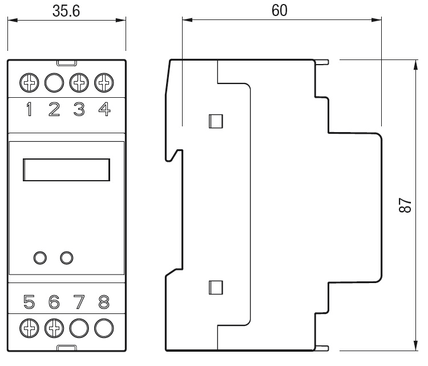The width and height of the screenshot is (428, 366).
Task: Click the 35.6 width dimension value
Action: pyautogui.click(x=66, y=11)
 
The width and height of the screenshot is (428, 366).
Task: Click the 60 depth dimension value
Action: pyautogui.click(x=280, y=10)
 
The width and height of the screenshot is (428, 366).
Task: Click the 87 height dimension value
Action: pyautogui.click(x=405, y=205)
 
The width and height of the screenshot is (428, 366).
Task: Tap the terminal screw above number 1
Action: pyautogui.click(x=29, y=82)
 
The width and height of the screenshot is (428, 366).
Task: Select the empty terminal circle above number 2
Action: pyautogui.click(x=54, y=82)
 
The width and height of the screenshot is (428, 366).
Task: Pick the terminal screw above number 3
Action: pyautogui.click(x=79, y=82)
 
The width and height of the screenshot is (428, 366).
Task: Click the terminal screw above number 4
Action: pyautogui.click(x=104, y=82)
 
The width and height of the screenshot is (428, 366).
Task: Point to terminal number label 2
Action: pyautogui.click(x=54, y=109)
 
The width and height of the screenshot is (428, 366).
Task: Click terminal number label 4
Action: pyautogui.click(x=104, y=109)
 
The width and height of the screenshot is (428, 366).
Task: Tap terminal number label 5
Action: pyautogui.click(x=29, y=302)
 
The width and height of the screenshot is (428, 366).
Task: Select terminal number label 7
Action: pyautogui.click(x=79, y=302)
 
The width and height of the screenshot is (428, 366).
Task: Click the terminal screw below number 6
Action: pyautogui.click(x=54, y=328)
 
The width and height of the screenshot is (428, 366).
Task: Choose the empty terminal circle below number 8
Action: pyautogui.click(x=104, y=328)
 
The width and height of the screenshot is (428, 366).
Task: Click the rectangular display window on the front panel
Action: pyautogui.click(x=66, y=170)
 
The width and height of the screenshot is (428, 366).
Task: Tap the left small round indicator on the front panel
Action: pyautogui.click(x=40, y=258)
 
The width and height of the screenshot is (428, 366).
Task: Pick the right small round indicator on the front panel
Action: pyautogui.click(x=67, y=258)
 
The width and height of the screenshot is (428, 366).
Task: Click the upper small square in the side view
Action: pyautogui.click(x=216, y=121)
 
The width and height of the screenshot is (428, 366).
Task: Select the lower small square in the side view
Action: pyautogui.click(x=216, y=288)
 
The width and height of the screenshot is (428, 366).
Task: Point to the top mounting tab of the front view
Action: pyautogui.click(x=67, y=63)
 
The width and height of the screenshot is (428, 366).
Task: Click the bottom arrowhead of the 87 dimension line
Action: pyautogui.click(x=415, y=345)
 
